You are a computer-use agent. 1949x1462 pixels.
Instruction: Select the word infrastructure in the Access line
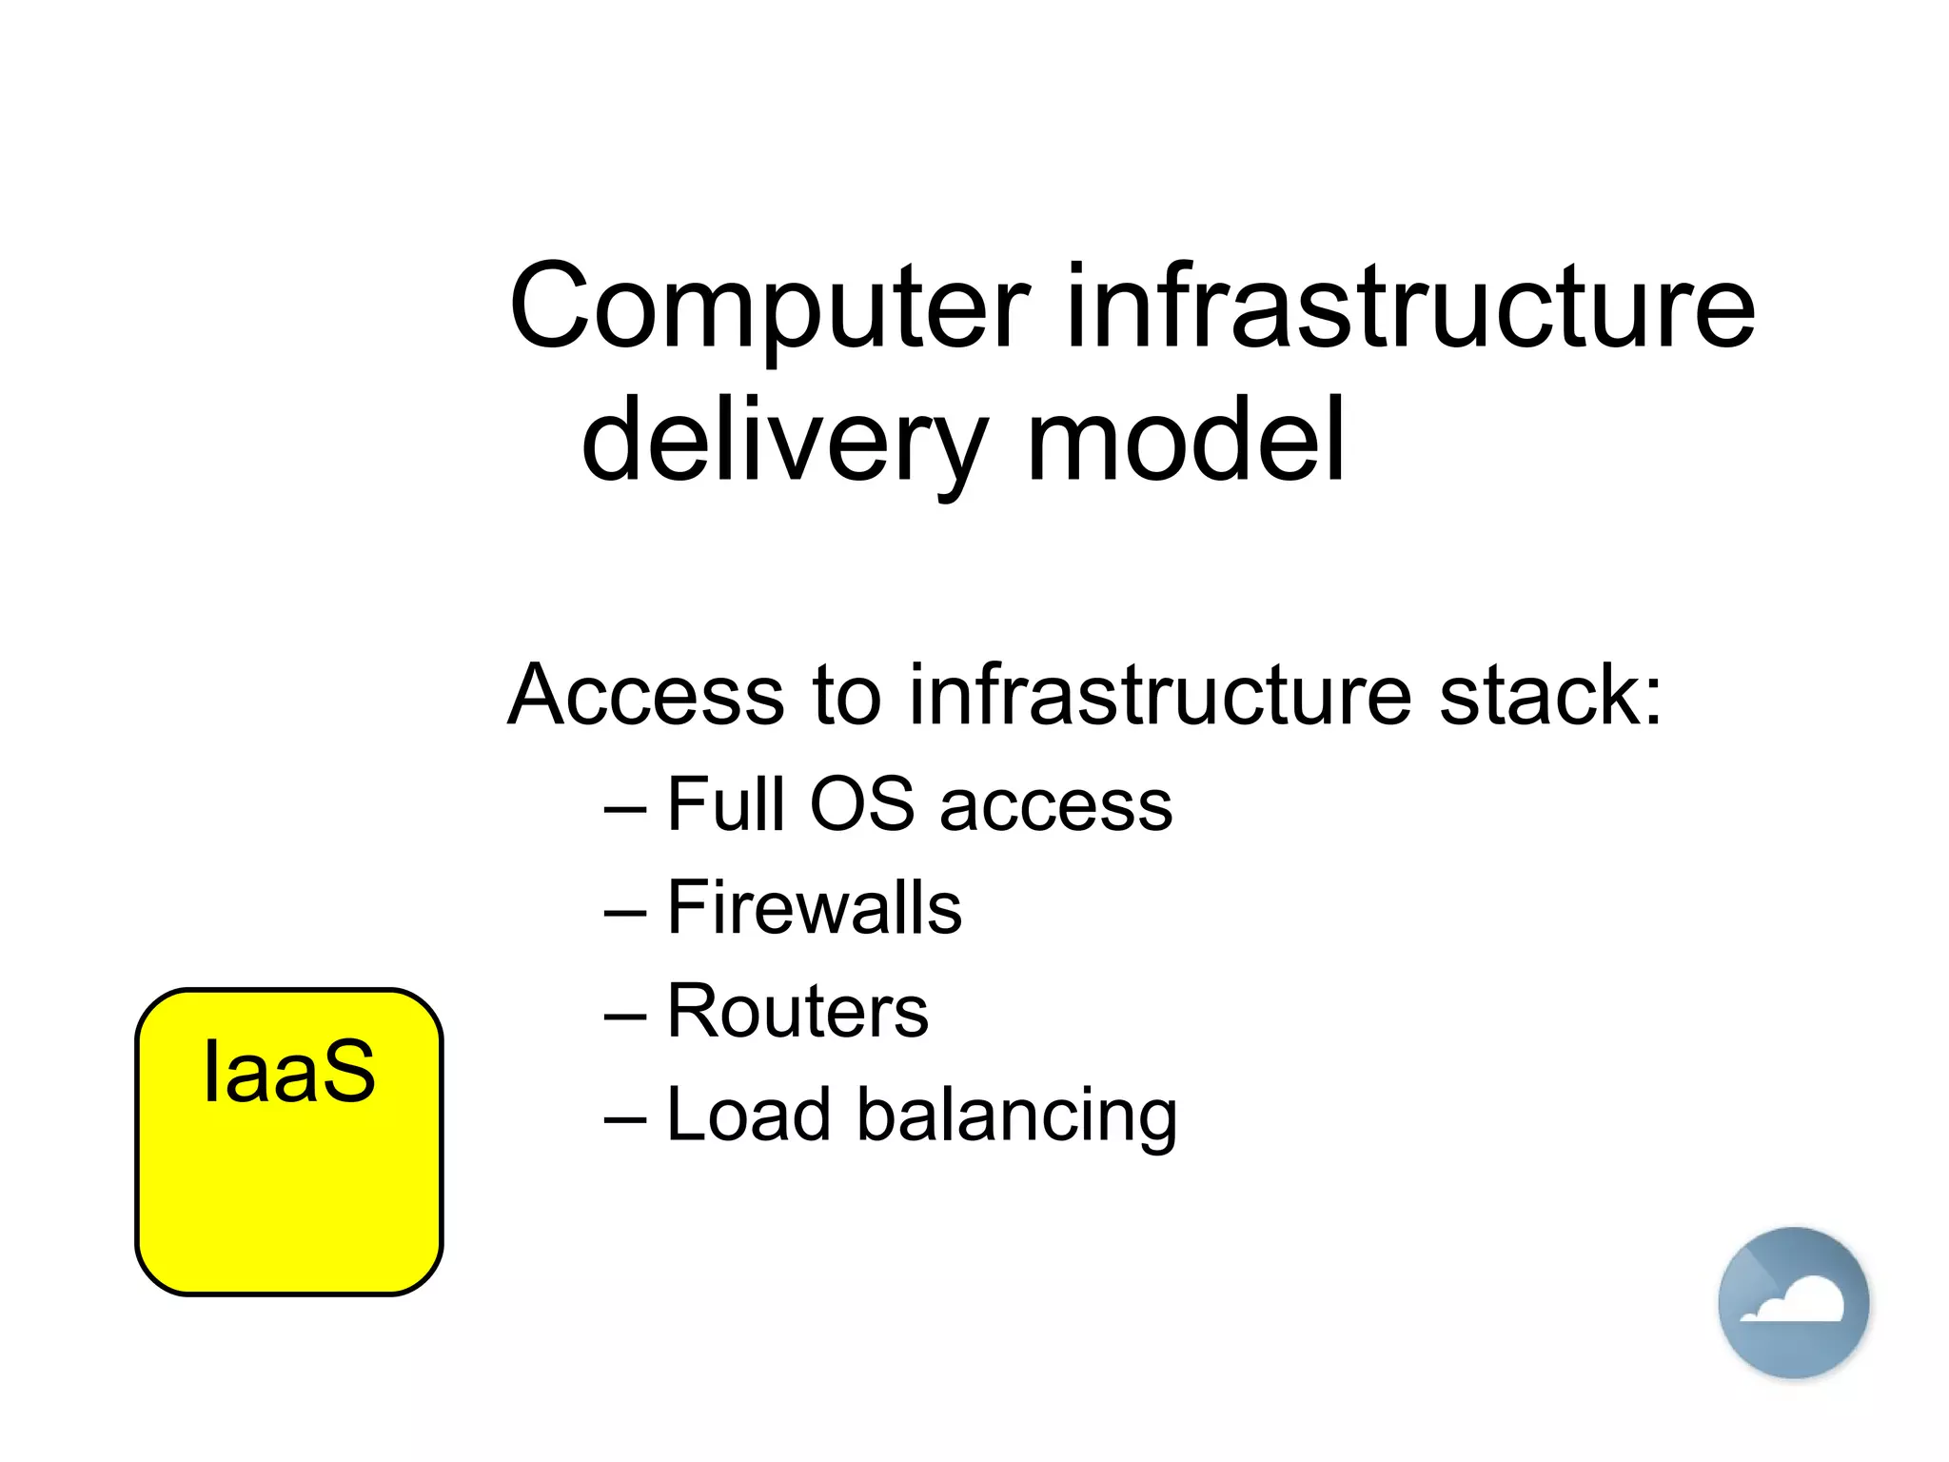pos(1159,696)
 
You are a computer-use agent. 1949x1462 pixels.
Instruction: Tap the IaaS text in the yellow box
pos(289,1073)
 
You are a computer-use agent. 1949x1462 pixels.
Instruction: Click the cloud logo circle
pos(1793,1302)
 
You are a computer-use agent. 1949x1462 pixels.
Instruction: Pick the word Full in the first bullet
pos(726,804)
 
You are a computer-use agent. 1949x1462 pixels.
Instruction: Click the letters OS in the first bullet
pos(861,804)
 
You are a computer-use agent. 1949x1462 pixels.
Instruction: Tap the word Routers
pos(797,1011)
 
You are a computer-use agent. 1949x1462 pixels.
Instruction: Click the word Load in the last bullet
pos(748,1115)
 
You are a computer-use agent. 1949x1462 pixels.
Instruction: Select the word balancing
pos(1016,1116)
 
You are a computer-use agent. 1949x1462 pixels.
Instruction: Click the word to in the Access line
pos(846,696)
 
